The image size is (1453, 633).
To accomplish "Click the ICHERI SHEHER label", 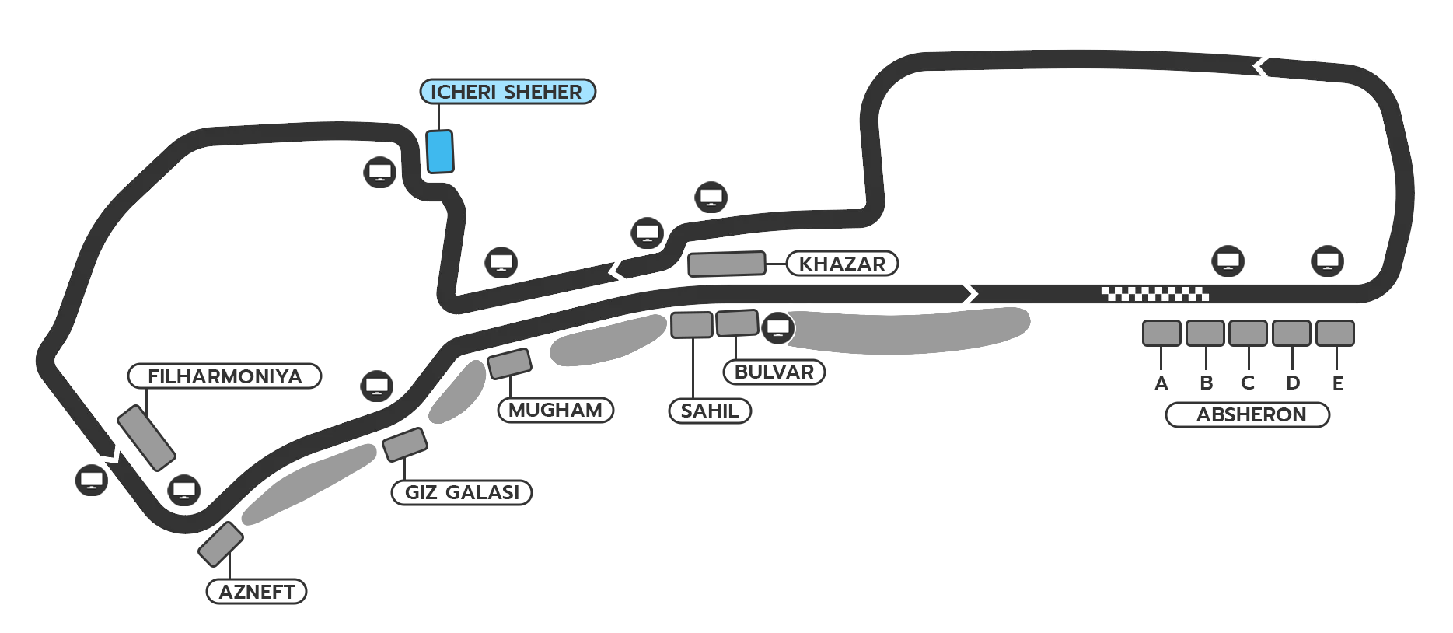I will point(507,92).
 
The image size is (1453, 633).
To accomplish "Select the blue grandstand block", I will point(439,152).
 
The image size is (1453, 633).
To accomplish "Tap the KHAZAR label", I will point(842,264).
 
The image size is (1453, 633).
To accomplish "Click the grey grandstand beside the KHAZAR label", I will point(726,264).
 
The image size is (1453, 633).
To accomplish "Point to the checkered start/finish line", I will point(1154,294).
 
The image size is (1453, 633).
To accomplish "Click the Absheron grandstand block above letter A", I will point(1161,333).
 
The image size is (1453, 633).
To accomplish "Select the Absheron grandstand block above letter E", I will point(1335,333).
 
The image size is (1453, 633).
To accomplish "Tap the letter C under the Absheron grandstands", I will point(1248,383).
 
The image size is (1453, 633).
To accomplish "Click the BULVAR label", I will point(774,372).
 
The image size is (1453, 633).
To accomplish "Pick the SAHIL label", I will point(710,411).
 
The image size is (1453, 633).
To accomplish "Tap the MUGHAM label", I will point(555,410).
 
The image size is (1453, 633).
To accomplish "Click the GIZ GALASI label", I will point(462,492).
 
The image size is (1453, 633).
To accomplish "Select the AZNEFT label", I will point(257,592).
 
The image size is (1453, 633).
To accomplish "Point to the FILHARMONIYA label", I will point(225,376).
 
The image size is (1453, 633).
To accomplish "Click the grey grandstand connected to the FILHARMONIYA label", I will point(146,438).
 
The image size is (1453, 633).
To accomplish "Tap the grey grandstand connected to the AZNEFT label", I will point(221,544).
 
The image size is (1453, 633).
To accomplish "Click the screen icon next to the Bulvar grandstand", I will point(777,327).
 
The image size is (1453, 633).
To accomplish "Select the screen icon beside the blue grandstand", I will point(380,172).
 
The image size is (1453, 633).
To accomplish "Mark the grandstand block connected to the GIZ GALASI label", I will point(404,444).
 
